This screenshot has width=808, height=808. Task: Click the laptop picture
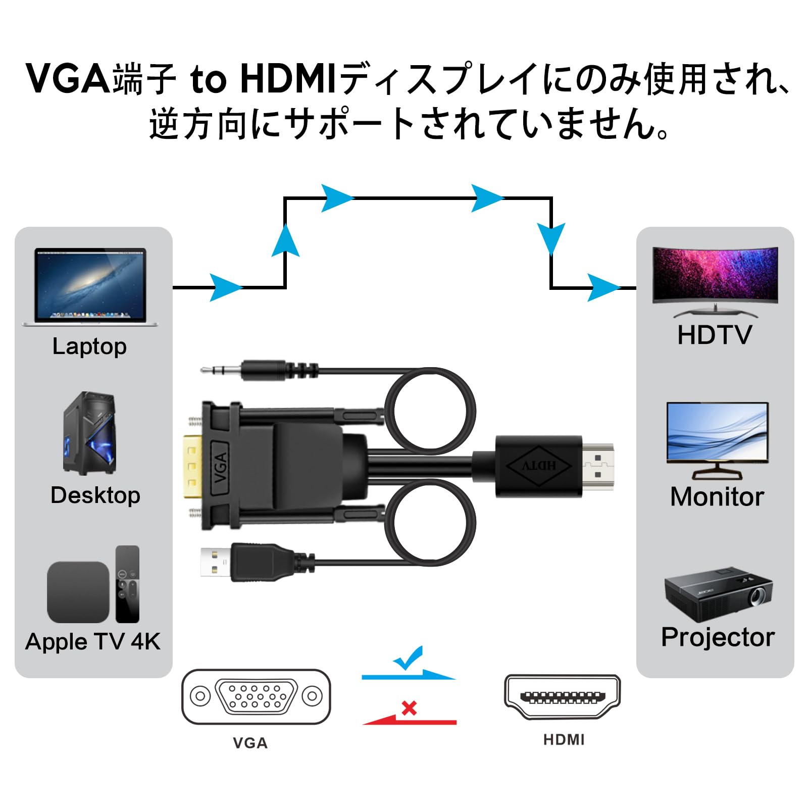pos(90,286)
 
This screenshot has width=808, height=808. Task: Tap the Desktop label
pos(95,495)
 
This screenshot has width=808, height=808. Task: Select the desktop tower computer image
pos(89,433)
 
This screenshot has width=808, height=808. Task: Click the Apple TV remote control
pos(127,584)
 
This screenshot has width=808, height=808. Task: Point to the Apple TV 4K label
pos(93,642)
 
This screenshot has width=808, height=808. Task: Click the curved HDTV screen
pos(715,277)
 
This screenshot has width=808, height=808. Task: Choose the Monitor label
pos(717,497)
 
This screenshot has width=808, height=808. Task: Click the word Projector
pos(718,637)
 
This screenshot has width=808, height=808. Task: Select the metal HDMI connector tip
pos(599,466)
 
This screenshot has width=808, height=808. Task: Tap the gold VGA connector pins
pos(192,466)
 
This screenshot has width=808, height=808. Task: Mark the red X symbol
pos(409,708)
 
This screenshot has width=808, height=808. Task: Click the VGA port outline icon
pos(256,696)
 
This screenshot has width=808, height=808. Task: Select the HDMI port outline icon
pos(562,697)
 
